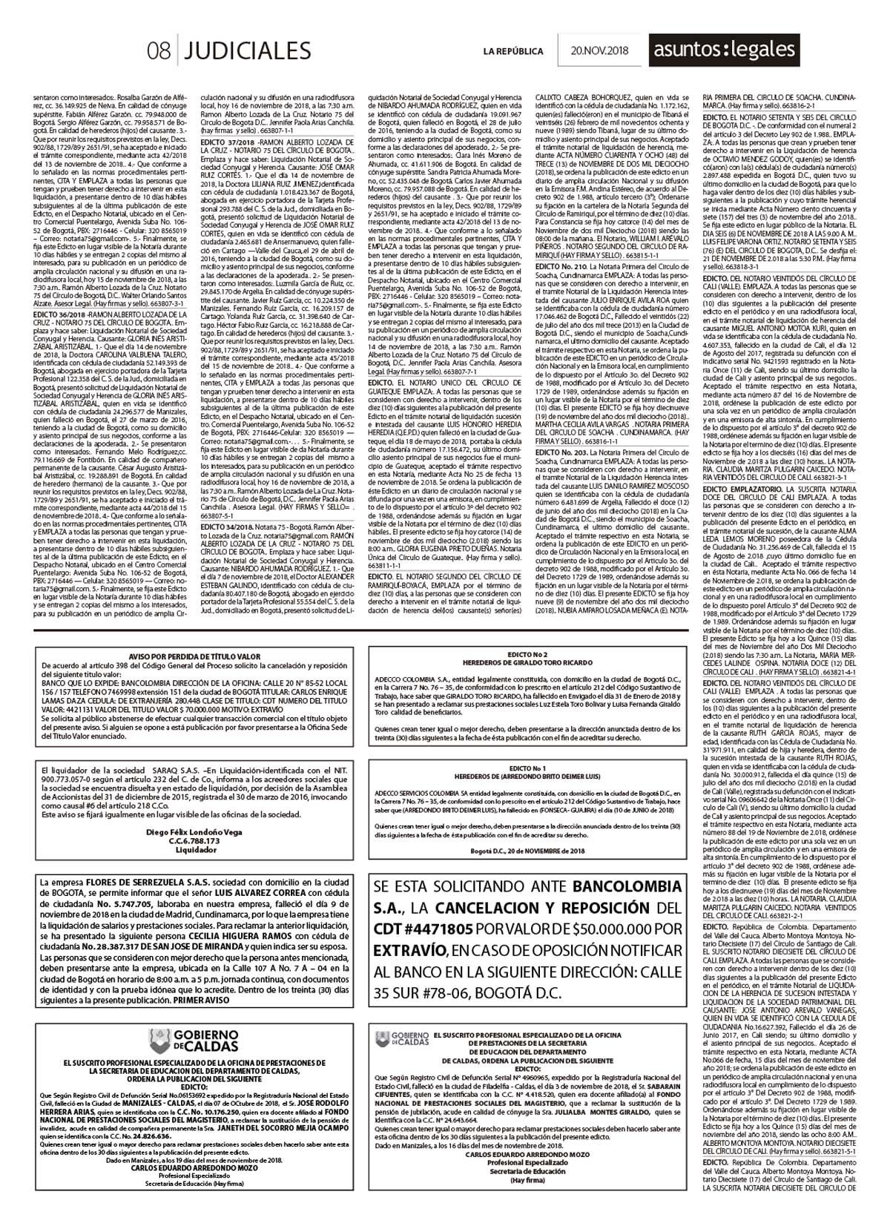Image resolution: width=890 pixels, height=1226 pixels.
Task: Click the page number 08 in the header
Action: coord(159,50)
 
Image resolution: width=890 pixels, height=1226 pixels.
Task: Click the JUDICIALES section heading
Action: coord(246,50)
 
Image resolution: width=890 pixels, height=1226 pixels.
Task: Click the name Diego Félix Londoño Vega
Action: coord(195,832)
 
